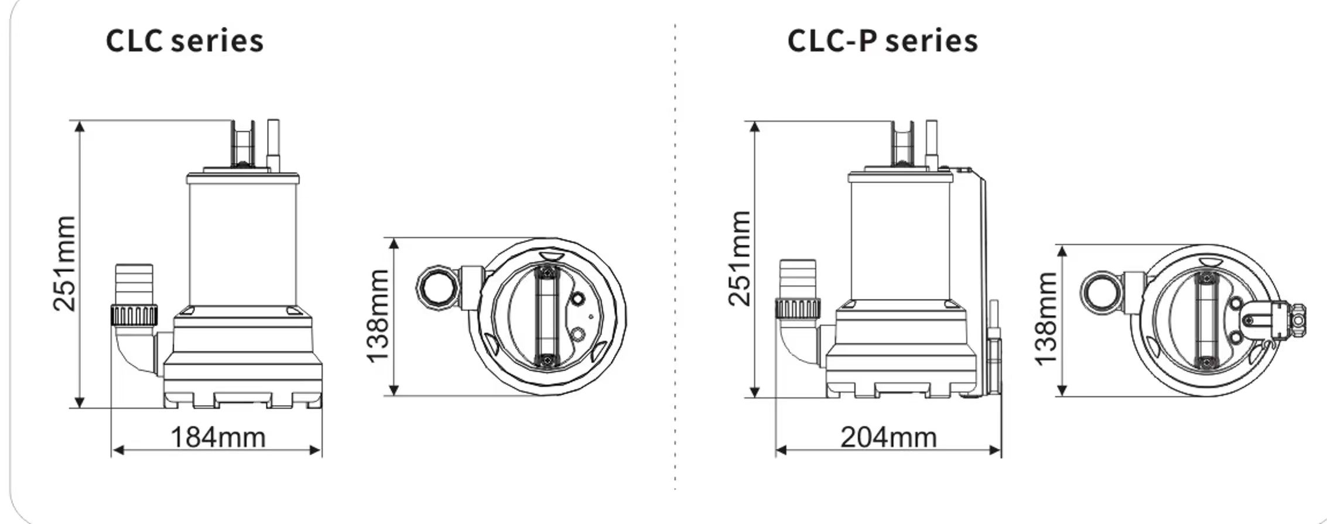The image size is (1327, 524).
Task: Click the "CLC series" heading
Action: point(184,41)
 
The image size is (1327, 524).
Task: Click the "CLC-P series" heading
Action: point(883,41)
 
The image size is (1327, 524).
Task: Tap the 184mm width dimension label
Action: point(218,437)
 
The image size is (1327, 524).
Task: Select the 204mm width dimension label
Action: point(888,437)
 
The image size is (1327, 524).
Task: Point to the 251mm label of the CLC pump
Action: point(64,263)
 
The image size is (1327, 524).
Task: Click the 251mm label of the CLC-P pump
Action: point(739,258)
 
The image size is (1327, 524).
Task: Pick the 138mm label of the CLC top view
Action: point(378,316)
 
